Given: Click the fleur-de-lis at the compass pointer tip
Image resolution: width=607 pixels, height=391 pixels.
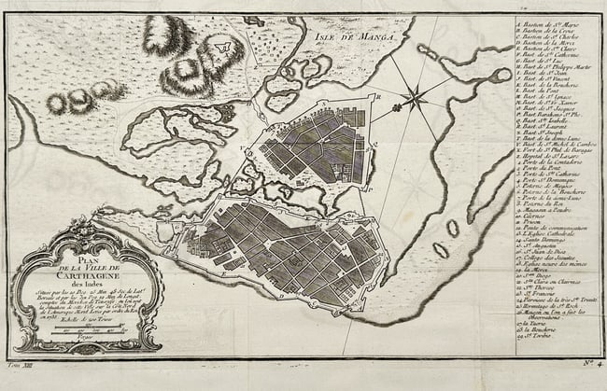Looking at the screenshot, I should (397, 108).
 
